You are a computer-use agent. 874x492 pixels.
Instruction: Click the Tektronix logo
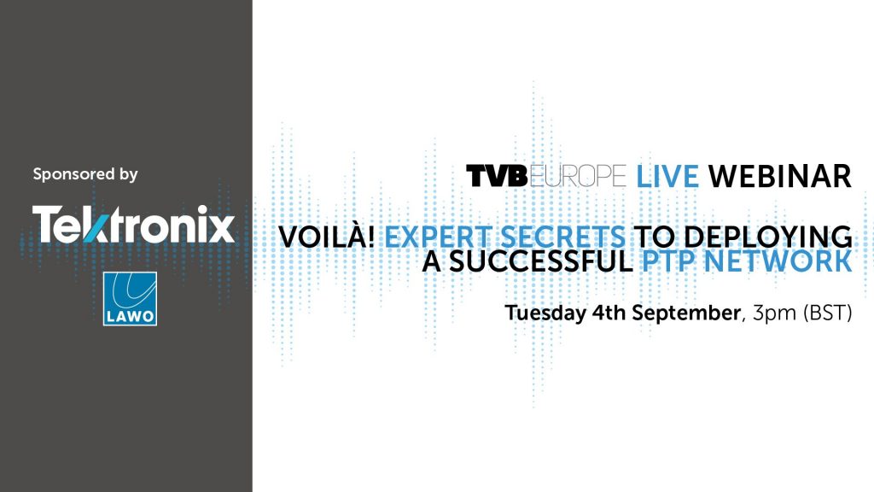[133, 225]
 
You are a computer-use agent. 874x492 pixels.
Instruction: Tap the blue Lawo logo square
[130, 298]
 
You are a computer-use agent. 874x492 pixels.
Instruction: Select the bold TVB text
[497, 176]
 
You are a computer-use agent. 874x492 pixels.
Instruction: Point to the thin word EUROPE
[578, 176]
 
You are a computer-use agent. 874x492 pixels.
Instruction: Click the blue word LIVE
[667, 176]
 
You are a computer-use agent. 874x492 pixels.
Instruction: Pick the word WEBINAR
[780, 176]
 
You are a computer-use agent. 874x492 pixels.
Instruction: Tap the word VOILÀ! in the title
[327, 237]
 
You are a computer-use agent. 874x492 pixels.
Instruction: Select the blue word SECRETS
[563, 237]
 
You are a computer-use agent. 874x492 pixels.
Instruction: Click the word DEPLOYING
[768, 237]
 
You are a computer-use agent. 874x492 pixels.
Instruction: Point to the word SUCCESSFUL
[540, 261]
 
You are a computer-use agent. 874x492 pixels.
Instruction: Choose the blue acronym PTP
[669, 261]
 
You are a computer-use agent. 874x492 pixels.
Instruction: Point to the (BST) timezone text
[827, 313]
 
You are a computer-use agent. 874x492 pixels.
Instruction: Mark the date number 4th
[609, 313]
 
